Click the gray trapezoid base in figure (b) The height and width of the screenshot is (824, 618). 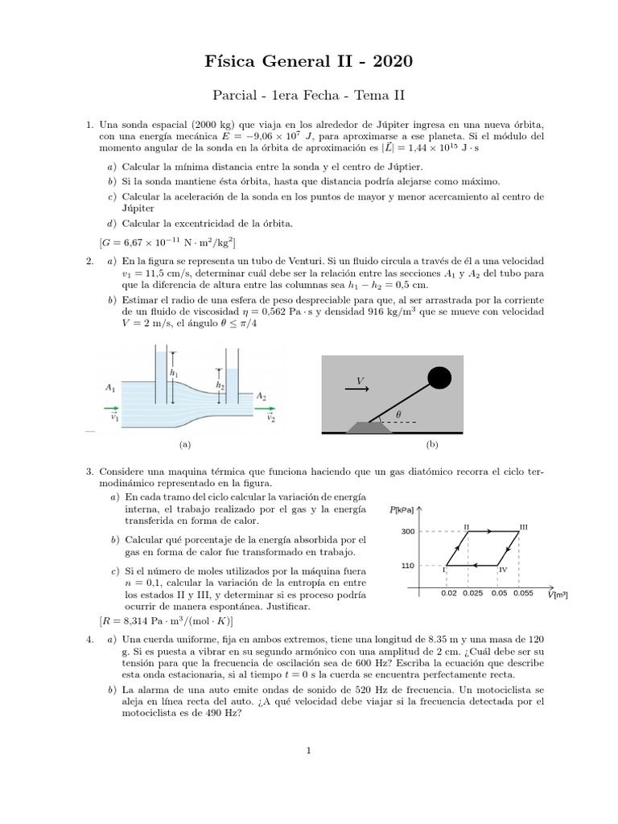pos(369,426)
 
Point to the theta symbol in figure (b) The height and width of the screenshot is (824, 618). pos(398,414)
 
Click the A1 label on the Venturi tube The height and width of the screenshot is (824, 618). pos(110,387)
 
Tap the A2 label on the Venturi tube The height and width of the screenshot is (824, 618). pos(262,396)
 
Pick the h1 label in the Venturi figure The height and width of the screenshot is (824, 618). pos(173,373)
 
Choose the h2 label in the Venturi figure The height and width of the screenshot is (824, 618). pos(219,385)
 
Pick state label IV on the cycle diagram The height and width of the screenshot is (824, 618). pos(502,570)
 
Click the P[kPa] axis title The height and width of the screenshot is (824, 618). pos(402,509)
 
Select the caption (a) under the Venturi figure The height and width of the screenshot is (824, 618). pos(185,443)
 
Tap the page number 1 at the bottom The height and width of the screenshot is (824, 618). pos(308,752)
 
